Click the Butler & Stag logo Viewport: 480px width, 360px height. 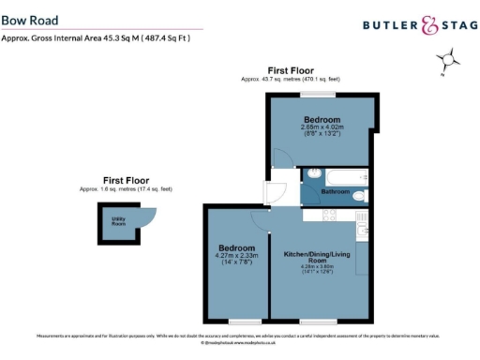pos(412,26)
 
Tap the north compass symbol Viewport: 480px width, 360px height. pos(449,62)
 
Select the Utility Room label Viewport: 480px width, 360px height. pos(119,223)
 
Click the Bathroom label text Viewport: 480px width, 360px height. pos(336,191)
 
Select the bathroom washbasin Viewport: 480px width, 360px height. pos(312,173)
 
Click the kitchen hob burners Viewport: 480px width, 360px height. pos(330,215)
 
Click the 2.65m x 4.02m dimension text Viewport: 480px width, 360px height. pos(322,127)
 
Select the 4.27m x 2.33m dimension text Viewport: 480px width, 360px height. pos(237,254)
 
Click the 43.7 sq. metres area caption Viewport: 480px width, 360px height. pos(291,79)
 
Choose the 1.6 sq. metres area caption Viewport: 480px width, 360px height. pos(127,189)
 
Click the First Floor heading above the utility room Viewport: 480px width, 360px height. pos(127,180)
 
